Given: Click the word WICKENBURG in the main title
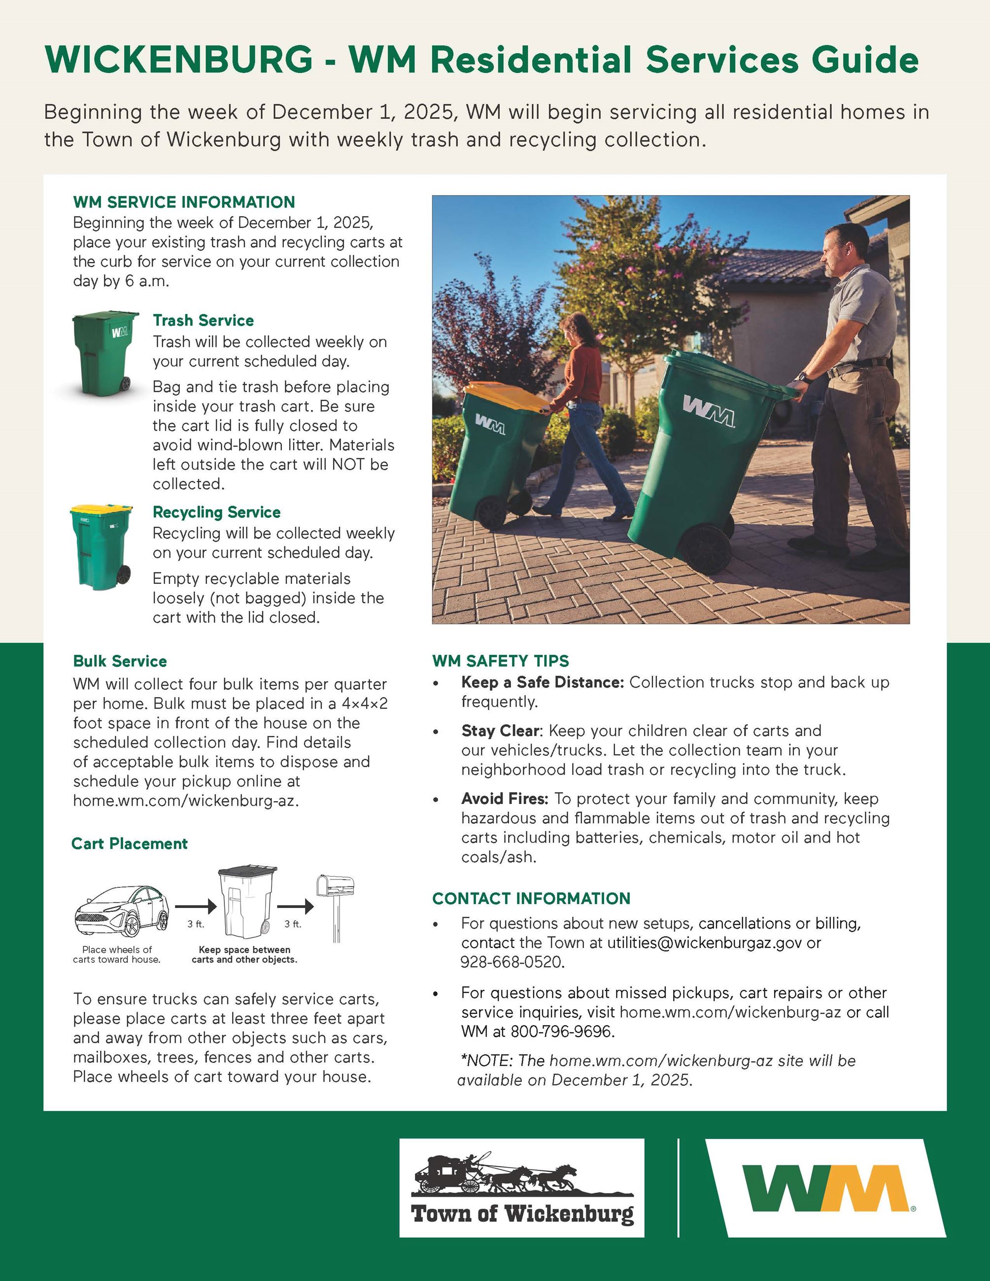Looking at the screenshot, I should click(179, 60).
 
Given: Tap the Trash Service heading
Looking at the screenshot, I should click(203, 320).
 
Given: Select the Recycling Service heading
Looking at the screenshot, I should click(216, 512).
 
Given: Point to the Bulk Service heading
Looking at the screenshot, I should click(120, 661).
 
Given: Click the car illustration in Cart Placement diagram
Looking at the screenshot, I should click(122, 911).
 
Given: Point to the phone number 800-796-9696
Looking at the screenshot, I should click(562, 1031).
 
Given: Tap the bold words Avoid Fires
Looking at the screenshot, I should click(505, 798).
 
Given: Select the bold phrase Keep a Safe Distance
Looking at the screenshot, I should click(543, 682).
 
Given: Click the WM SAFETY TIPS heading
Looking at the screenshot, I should click(500, 661).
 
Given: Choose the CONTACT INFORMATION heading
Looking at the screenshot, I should click(531, 898).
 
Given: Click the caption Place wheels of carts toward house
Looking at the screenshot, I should click(117, 954).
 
